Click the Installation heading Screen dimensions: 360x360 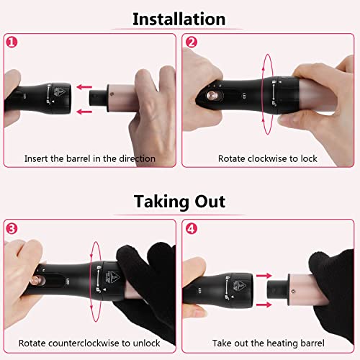179,19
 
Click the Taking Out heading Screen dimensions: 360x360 179,202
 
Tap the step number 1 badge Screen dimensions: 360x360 12,42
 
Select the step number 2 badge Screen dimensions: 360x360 192,42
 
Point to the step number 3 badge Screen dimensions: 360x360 12,228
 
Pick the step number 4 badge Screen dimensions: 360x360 192,228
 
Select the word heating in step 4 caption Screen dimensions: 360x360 282,343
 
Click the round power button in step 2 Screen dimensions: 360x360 212,95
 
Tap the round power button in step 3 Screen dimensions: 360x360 35,280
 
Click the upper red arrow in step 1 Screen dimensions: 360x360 84,87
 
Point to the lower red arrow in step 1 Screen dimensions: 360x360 84,112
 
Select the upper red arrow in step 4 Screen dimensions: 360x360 264,276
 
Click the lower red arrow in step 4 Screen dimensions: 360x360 264,305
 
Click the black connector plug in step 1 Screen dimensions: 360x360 98,98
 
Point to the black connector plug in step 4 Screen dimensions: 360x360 277,289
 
